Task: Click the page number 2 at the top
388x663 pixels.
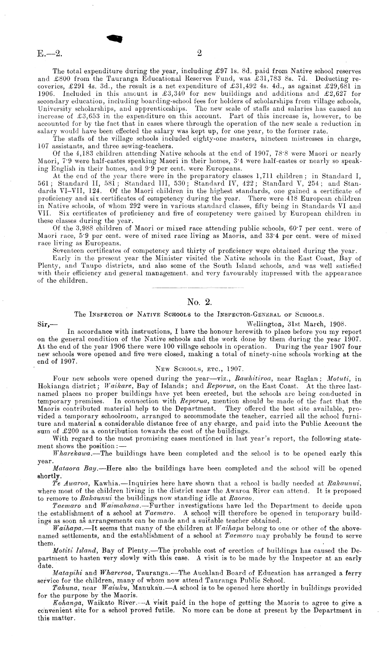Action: [x=199, y=53]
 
